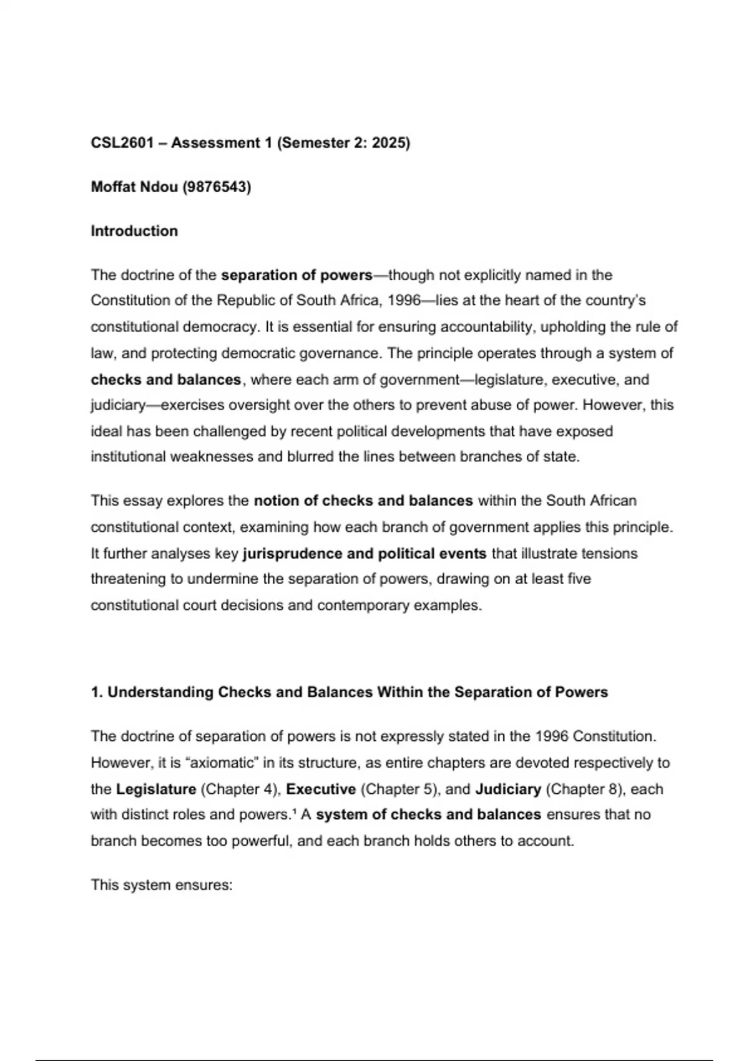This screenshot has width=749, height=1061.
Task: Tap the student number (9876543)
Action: pyautogui.click(x=217, y=187)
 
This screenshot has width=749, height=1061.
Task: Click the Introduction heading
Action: pyautogui.click(x=134, y=231)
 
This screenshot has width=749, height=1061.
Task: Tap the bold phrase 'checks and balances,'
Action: pyautogui.click(x=167, y=379)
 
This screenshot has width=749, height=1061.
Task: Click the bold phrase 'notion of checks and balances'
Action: pyautogui.click(x=363, y=501)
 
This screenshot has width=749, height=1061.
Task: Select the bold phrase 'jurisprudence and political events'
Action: pyautogui.click(x=365, y=554)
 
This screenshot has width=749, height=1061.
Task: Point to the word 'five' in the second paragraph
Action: pyautogui.click(x=579, y=579)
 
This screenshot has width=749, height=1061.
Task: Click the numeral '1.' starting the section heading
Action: pyautogui.click(x=97, y=692)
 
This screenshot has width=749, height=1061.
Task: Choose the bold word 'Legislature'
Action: pyautogui.click(x=156, y=789)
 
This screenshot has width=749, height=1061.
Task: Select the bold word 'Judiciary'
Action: pyautogui.click(x=508, y=789)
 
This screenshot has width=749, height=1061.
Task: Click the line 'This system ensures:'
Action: pyautogui.click(x=162, y=885)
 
